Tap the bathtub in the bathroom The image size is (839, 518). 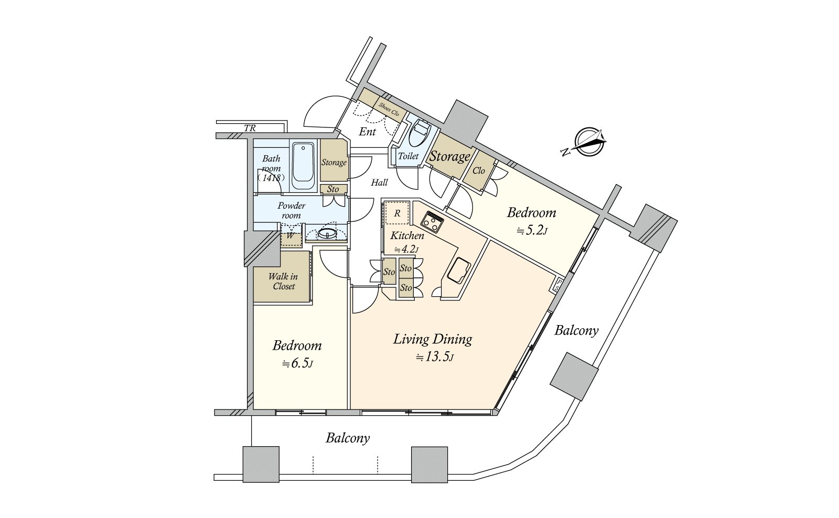(303, 165)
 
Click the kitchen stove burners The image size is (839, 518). (432, 222)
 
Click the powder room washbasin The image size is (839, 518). (327, 234)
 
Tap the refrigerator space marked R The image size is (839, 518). (397, 213)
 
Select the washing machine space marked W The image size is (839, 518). (291, 236)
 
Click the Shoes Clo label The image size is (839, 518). (389, 109)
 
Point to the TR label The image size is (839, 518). (250, 128)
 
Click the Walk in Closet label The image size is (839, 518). (283, 282)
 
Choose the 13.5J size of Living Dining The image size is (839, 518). (435, 357)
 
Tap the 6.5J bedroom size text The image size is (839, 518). (297, 363)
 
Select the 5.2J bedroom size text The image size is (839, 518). (532, 230)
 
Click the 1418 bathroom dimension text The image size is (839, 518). (271, 178)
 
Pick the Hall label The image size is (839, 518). (379, 182)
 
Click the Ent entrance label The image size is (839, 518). (368, 132)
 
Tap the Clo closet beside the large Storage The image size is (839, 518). (479, 171)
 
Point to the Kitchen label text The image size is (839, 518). (407, 235)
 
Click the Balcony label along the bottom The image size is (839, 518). (348, 438)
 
